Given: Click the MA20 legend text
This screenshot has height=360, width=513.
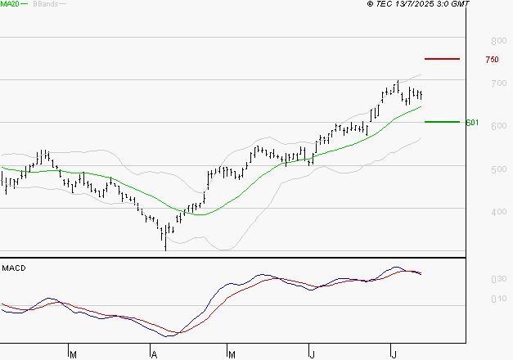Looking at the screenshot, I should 10,4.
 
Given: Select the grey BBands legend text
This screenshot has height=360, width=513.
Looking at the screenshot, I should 45,4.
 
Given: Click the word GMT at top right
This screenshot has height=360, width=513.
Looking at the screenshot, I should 461,4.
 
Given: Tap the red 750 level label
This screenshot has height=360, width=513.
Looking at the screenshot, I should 492,60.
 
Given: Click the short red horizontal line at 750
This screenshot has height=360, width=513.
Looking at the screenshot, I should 442,59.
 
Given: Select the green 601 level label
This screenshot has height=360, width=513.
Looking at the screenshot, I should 471,123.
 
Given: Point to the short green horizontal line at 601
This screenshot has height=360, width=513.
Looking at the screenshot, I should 442,121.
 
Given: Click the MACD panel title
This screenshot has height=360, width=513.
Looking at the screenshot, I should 13,268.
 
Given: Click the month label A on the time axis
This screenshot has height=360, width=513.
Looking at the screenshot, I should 153,354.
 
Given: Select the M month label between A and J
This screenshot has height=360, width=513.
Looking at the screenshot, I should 232,354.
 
